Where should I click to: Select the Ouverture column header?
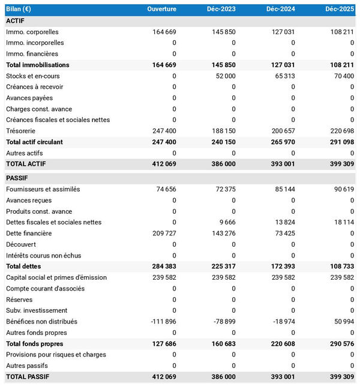(x=162, y=9)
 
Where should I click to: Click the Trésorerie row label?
(x=20, y=131)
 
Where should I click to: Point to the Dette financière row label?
(x=29, y=234)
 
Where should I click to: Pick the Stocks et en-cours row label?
(x=32, y=76)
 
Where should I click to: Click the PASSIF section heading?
(x=17, y=178)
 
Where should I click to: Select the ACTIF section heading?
(x=16, y=20)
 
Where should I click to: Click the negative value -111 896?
(x=163, y=322)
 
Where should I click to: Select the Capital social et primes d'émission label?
(x=56, y=277)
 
